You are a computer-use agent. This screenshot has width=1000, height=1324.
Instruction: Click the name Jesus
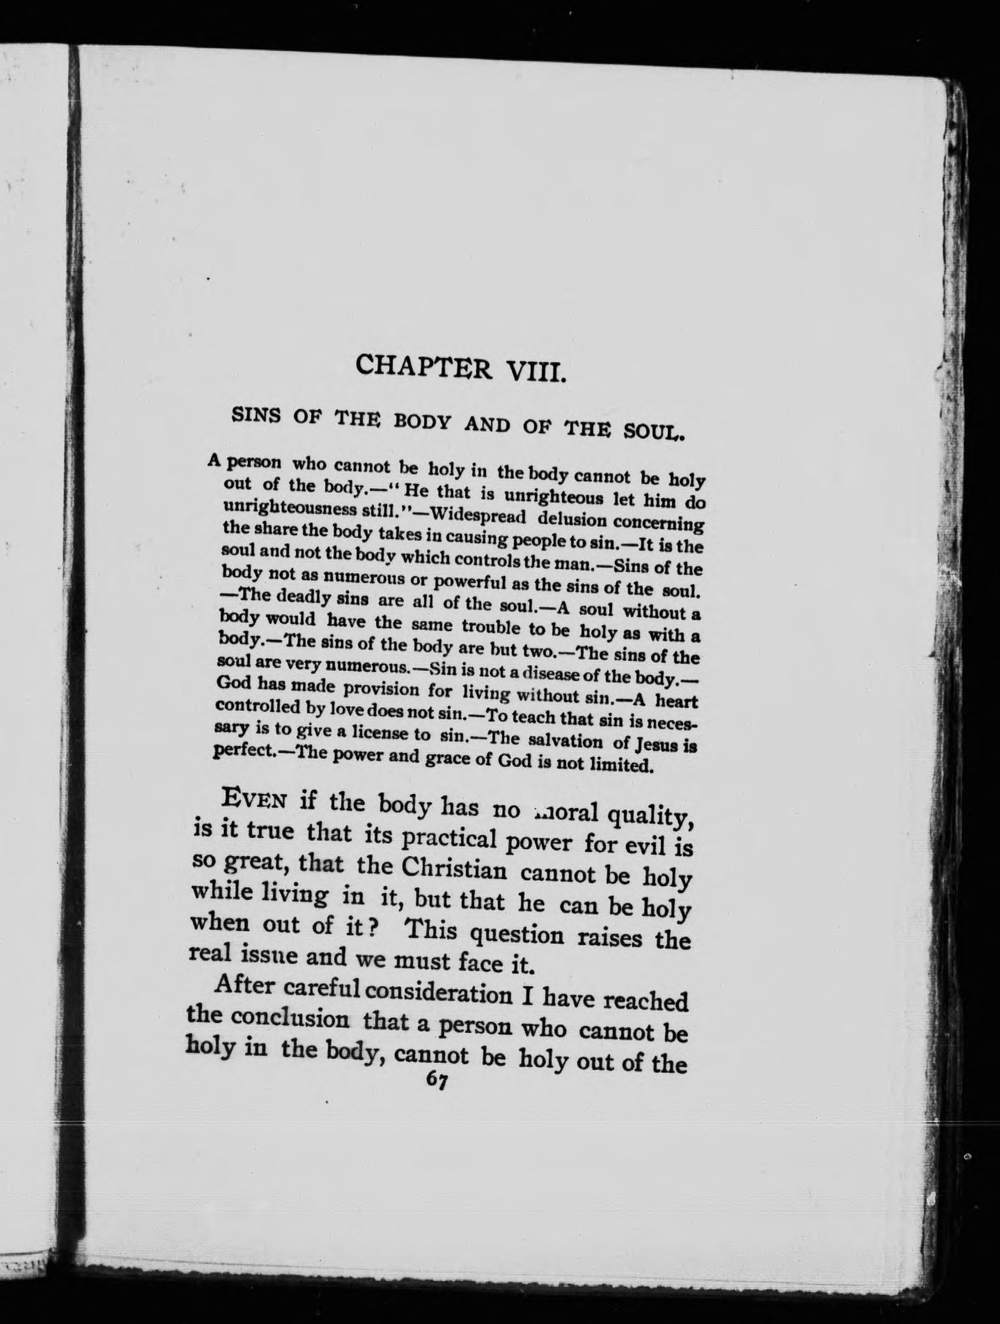653,745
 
